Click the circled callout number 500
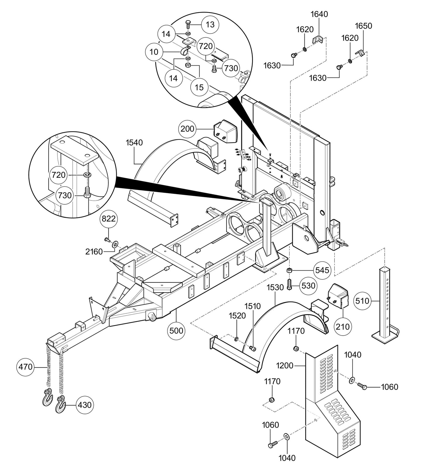176,331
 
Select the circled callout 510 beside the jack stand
362,300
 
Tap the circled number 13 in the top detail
210,25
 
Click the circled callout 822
109,219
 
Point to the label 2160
94,251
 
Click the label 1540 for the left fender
134,143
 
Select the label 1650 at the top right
364,26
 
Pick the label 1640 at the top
319,14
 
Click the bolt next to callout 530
289,284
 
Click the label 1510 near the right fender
253,306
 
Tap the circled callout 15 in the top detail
199,87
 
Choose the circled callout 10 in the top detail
154,52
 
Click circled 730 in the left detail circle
64,195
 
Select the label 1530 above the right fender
275,288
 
